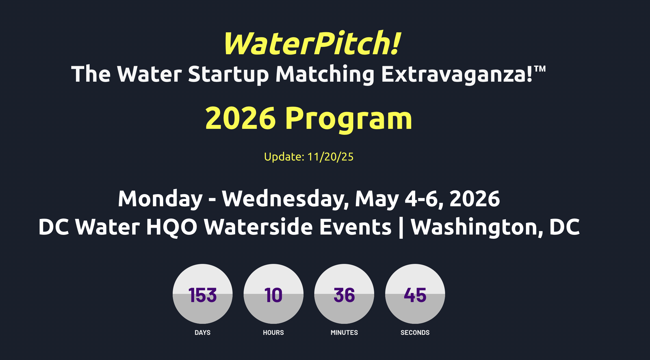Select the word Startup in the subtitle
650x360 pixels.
pyautogui.click(x=228, y=74)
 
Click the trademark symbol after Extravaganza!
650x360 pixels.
pyautogui.click(x=540, y=69)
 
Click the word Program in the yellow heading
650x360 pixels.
pyautogui.click(x=349, y=119)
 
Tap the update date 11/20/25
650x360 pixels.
pyautogui.click(x=330, y=157)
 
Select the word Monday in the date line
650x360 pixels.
pyautogui.click(x=160, y=199)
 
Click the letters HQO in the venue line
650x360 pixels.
pyautogui.click(x=172, y=227)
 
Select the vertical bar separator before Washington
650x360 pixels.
pyautogui.click(x=401, y=228)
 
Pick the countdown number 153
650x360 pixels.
pyautogui.click(x=203, y=295)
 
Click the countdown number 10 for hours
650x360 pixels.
pyautogui.click(x=273, y=295)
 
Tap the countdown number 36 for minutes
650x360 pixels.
pyautogui.click(x=344, y=295)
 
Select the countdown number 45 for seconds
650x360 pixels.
pyautogui.click(x=415, y=295)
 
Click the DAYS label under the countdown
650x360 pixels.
pyautogui.click(x=203, y=333)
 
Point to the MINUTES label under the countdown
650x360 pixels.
pyautogui.click(x=344, y=333)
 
